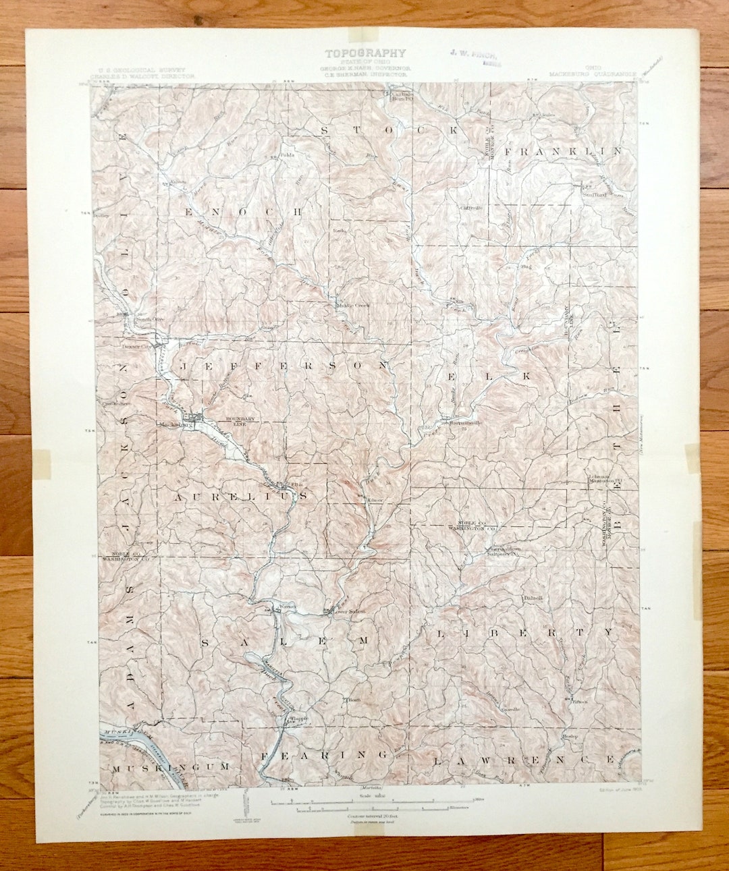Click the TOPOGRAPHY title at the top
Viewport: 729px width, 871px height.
tap(365, 53)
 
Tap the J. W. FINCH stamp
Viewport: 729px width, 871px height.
tap(473, 55)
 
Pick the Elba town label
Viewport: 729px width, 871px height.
tap(296, 484)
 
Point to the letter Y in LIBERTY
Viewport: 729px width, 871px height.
tap(610, 632)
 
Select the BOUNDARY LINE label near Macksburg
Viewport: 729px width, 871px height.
tap(239, 420)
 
